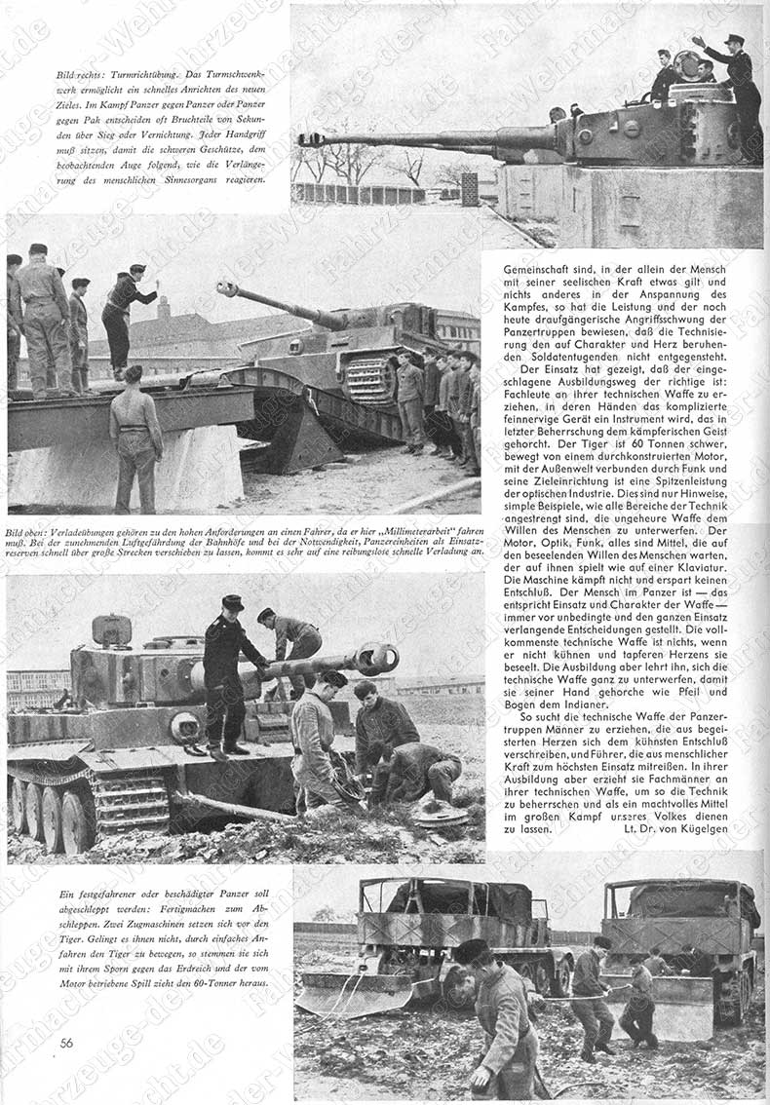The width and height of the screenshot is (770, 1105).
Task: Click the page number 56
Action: pos(66,1043)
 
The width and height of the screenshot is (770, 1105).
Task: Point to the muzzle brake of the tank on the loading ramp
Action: pos(227,288)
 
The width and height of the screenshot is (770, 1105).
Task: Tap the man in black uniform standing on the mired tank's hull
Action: pos(226,672)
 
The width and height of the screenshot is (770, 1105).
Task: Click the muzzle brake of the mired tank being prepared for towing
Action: pos(377,659)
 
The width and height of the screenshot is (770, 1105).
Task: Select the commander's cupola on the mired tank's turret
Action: pos(111,630)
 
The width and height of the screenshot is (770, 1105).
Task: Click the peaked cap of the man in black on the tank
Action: pos(233,602)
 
